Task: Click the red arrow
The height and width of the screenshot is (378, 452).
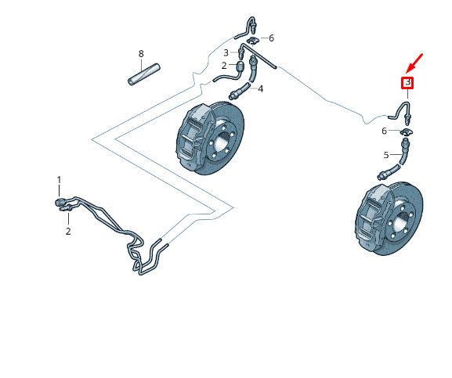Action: point(414,63)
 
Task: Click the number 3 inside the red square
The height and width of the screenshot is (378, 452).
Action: point(408,83)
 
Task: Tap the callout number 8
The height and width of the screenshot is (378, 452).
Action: point(141,54)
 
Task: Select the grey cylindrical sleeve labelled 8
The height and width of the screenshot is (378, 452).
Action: point(144,74)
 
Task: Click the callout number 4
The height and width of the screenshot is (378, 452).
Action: point(261,88)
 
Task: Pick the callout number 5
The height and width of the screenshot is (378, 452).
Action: point(386,155)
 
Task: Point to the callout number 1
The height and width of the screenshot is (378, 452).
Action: point(59,180)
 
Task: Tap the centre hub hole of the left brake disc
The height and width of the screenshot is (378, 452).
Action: point(222,141)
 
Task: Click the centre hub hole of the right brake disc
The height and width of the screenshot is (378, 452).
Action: point(401,222)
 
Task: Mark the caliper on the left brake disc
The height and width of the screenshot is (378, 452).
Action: point(192,138)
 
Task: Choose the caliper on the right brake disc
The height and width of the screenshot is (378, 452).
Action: point(373,218)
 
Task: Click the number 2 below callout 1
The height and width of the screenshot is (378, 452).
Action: point(68,231)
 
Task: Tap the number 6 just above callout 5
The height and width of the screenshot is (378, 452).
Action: point(384,131)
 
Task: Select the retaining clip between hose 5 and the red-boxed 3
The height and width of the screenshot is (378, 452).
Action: point(407,132)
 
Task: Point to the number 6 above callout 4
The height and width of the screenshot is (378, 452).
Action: point(271,38)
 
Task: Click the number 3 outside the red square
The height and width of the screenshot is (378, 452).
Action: point(226,52)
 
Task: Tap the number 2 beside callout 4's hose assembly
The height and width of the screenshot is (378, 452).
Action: point(224,66)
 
